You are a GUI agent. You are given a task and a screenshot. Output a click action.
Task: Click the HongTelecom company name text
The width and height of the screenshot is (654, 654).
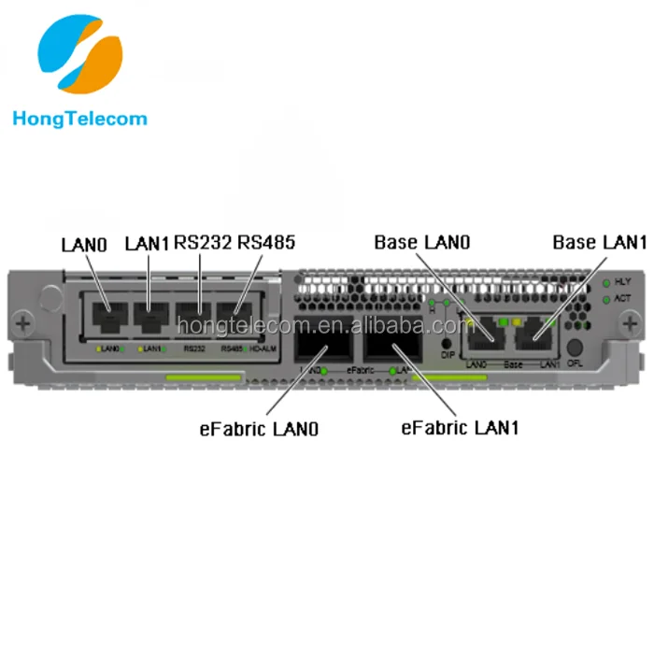(79, 119)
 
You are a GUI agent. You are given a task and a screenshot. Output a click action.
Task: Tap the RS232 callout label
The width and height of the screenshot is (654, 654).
(204, 243)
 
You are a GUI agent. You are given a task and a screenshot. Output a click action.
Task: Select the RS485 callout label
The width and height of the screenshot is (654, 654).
(266, 243)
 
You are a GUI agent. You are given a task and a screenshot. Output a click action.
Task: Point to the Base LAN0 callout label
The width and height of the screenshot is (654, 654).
(421, 242)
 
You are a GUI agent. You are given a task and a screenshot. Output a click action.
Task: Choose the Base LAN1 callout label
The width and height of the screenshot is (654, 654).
(599, 242)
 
